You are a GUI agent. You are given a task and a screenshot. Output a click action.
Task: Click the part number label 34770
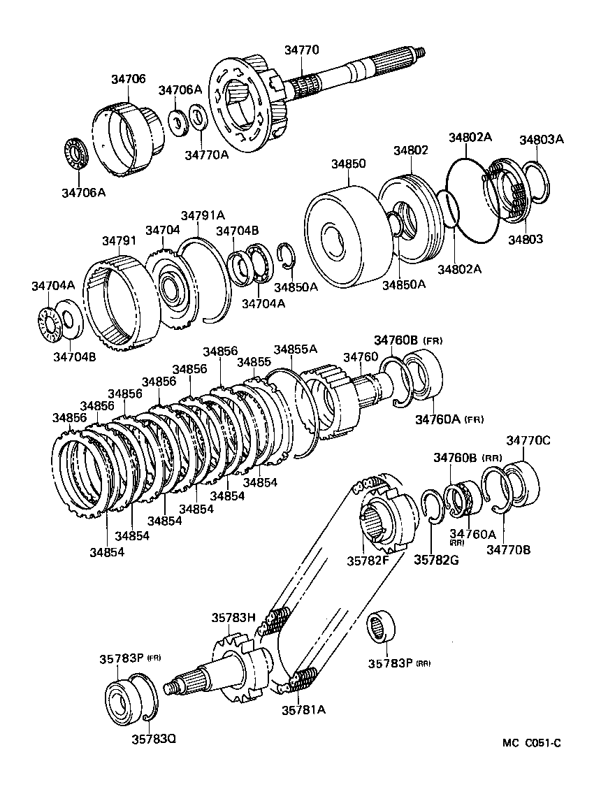pyautogui.click(x=301, y=50)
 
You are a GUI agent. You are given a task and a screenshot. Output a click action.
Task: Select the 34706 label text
pyautogui.click(x=128, y=79)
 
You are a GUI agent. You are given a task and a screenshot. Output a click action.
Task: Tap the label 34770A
pyautogui.click(x=206, y=154)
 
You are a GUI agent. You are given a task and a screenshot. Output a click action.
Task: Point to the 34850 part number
pyautogui.click(x=348, y=164)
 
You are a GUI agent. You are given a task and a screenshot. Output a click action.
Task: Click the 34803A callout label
pyautogui.click(x=541, y=139)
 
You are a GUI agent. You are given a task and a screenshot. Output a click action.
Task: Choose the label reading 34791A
pyautogui.click(x=203, y=215)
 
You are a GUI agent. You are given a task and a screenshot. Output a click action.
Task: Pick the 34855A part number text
pyautogui.click(x=295, y=349)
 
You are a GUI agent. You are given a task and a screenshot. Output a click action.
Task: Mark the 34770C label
pyautogui.click(x=528, y=440)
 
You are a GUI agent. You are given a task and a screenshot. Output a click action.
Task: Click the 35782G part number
pyautogui.click(x=436, y=559)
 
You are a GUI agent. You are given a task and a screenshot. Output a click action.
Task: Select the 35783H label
pyautogui.click(x=234, y=617)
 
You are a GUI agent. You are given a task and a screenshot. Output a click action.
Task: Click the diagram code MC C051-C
pyautogui.click(x=530, y=743)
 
